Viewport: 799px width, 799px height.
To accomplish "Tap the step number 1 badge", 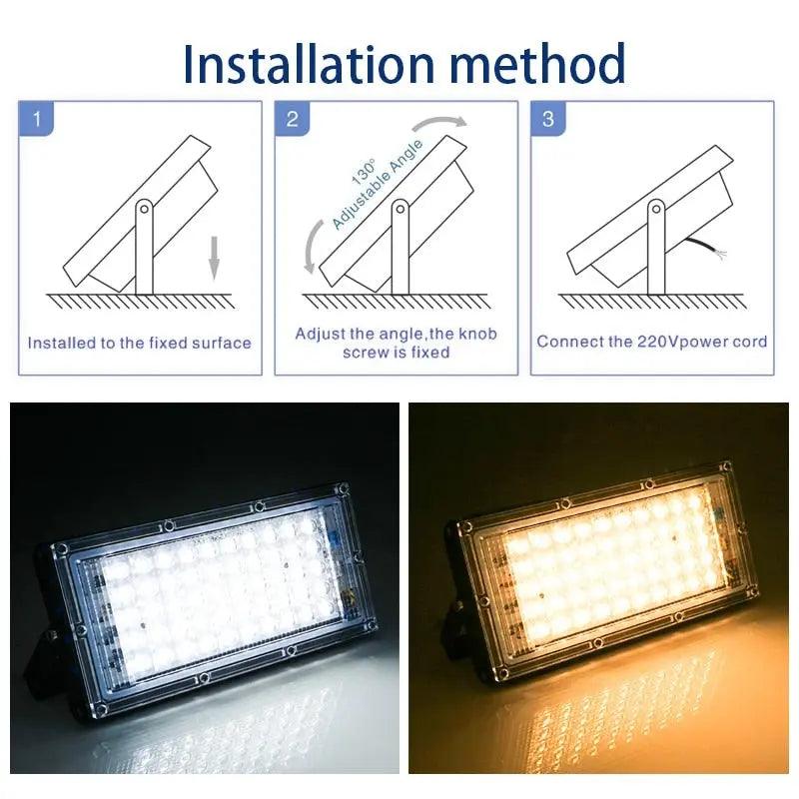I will pos(38,120).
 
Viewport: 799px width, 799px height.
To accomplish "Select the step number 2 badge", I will pos(292,120).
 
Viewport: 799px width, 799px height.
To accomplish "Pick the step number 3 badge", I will pos(547,120).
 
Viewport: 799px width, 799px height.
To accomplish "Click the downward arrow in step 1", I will pos(213,262).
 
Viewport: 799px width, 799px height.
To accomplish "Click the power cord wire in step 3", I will pos(711,250).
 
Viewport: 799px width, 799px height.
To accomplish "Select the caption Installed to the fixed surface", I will pos(140,343).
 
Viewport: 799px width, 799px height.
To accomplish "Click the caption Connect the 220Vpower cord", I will pos(652,342).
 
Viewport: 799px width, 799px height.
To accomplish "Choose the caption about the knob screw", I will pos(396,343).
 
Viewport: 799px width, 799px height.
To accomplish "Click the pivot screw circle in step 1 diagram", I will pos(144,209).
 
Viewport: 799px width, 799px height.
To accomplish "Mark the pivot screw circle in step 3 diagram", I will pos(655,209).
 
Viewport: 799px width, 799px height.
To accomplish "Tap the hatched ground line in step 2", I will pos(396,301).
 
